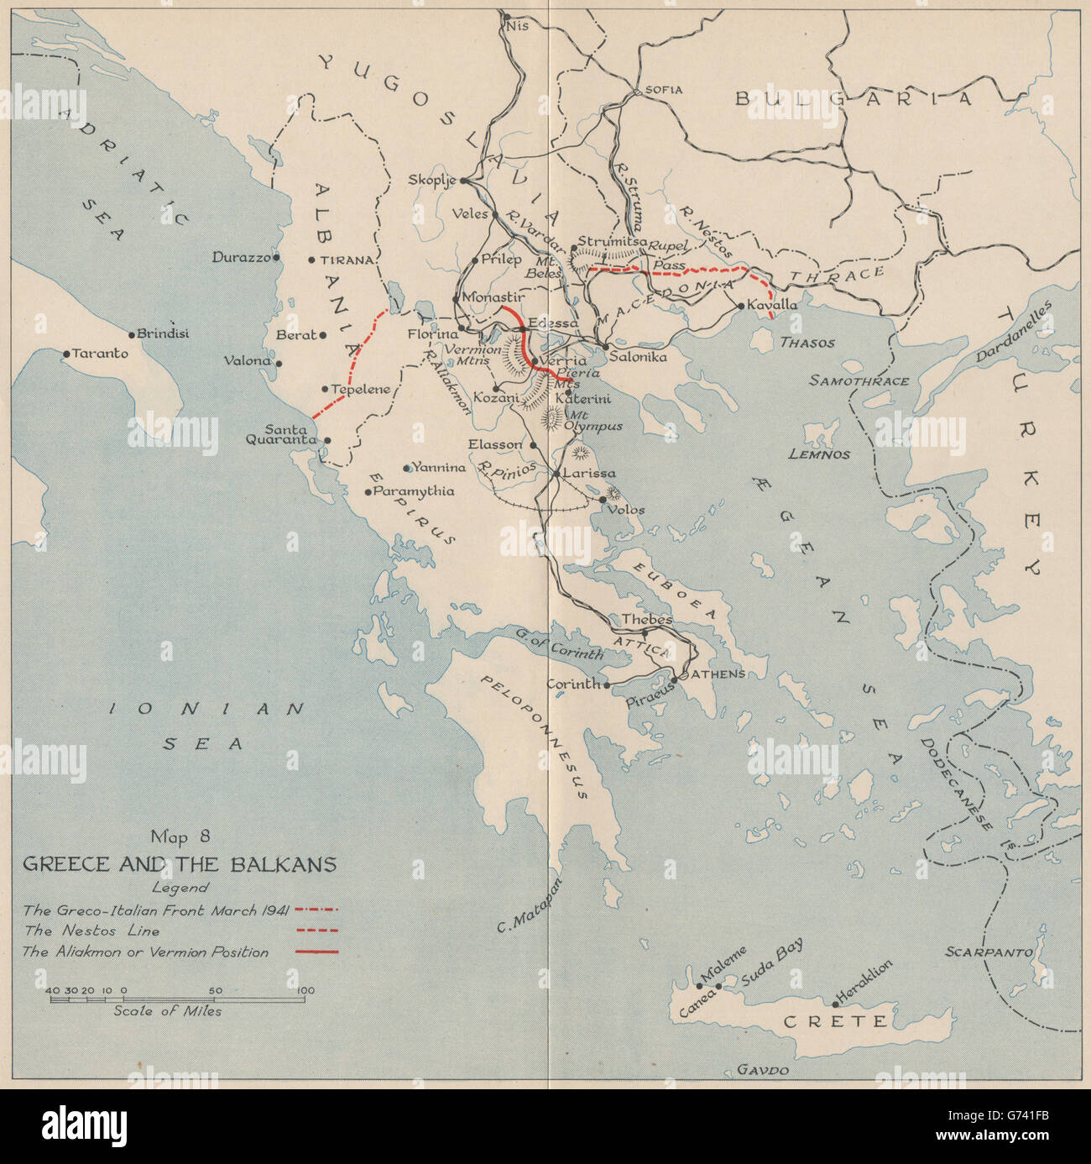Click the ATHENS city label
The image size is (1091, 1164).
pyautogui.click(x=719, y=674)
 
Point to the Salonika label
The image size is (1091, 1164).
pyautogui.click(x=638, y=357)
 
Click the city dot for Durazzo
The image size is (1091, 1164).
pyautogui.click(x=276, y=258)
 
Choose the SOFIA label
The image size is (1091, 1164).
pyautogui.click(x=664, y=90)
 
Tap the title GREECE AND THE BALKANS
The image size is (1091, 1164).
pyautogui.click(x=180, y=864)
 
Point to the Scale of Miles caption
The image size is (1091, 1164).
pyautogui.click(x=168, y=1011)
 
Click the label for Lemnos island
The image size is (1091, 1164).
pyautogui.click(x=819, y=454)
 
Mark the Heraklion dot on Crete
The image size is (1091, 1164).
pyautogui.click(x=835, y=1003)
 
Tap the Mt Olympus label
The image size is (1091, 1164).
pyautogui.click(x=595, y=421)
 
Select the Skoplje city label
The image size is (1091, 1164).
pyautogui.click(x=431, y=180)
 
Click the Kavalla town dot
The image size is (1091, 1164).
pyautogui.click(x=741, y=306)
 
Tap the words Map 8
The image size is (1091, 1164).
pyautogui.click(x=180, y=836)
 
